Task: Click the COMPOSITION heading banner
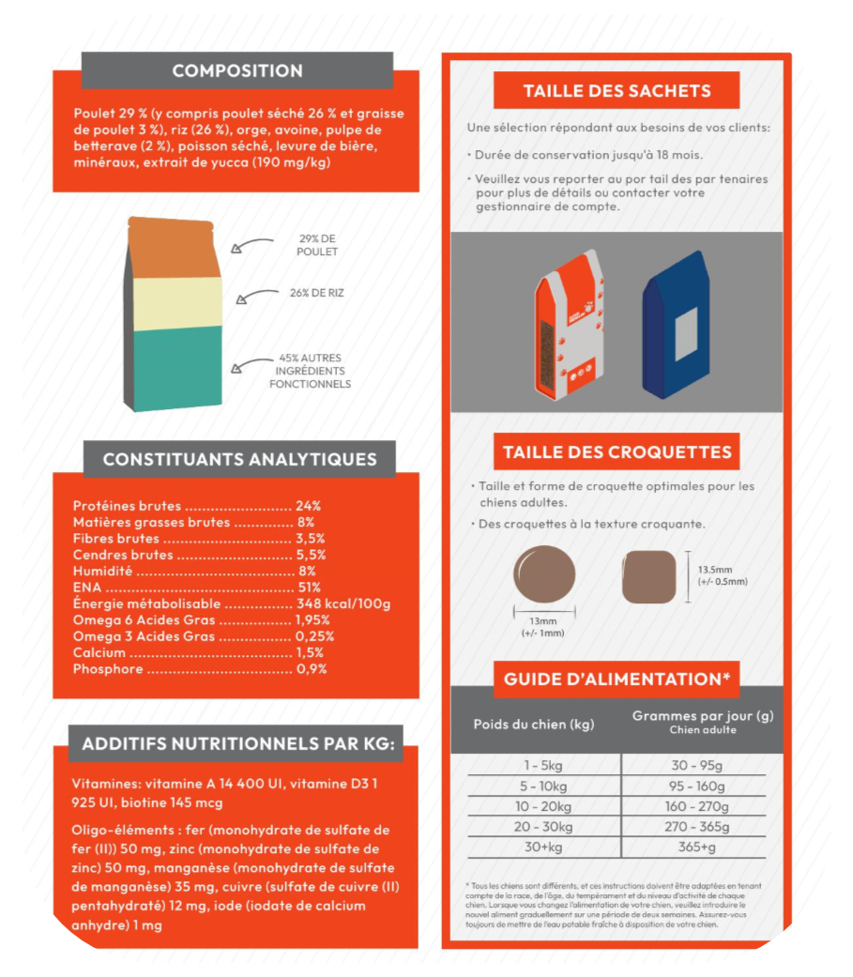(237, 70)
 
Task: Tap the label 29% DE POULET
(316, 246)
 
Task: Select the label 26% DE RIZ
(316, 293)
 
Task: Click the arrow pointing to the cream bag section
(254, 297)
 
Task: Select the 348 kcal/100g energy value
(343, 603)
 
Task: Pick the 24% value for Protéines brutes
(308, 505)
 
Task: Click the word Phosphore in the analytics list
(108, 669)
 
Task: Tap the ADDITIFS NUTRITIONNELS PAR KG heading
(237, 743)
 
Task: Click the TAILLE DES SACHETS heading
(617, 91)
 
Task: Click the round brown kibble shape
(545, 574)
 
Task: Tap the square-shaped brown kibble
(649, 576)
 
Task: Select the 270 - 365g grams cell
(697, 827)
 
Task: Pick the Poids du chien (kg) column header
(534, 725)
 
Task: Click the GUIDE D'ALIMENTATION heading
(617, 679)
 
